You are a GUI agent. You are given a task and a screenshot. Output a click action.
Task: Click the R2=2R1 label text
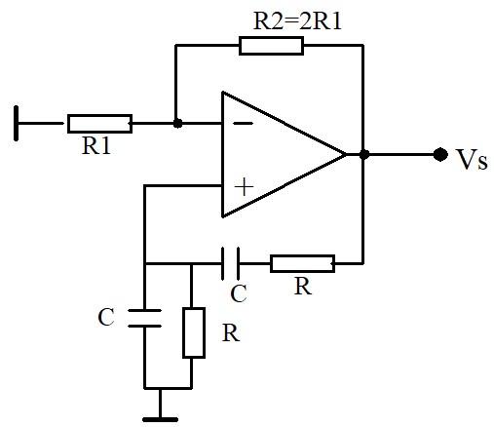pyautogui.click(x=297, y=21)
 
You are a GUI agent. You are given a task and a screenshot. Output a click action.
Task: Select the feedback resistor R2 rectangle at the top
pyautogui.click(x=271, y=46)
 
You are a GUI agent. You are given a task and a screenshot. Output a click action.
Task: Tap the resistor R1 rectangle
pyautogui.click(x=99, y=124)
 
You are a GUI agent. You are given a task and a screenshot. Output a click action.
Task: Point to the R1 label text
pyautogui.click(x=96, y=145)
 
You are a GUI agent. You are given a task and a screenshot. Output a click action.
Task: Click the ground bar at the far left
pyautogui.click(x=16, y=123)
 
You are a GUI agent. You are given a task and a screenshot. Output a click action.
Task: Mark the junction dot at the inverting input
pyautogui.click(x=177, y=123)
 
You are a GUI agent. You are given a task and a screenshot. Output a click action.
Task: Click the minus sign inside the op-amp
pyautogui.click(x=244, y=123)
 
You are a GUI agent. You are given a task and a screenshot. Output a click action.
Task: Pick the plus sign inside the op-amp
pyautogui.click(x=244, y=187)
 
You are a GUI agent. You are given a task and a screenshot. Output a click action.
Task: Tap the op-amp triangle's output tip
pyautogui.click(x=346, y=154)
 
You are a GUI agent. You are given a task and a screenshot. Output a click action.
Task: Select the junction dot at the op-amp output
pyautogui.click(x=364, y=154)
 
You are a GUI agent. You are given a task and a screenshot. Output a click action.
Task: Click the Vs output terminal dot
pyautogui.click(x=440, y=154)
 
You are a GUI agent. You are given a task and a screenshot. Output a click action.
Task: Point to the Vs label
pyautogui.click(x=472, y=160)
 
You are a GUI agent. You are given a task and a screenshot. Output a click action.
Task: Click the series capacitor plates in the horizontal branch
pyautogui.click(x=230, y=263)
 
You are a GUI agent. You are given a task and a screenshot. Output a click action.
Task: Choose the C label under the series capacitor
pyautogui.click(x=239, y=293)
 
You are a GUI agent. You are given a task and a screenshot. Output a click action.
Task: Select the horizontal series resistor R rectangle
pyautogui.click(x=302, y=263)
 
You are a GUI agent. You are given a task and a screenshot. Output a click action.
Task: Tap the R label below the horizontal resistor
pyautogui.click(x=303, y=287)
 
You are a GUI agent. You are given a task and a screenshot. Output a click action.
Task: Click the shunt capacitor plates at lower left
pyautogui.click(x=144, y=318)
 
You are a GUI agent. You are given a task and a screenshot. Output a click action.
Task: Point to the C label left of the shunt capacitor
pyautogui.click(x=106, y=317)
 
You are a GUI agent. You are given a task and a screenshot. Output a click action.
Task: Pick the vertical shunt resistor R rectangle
pyautogui.click(x=194, y=332)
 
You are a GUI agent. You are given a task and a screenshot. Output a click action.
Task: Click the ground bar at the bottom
pyautogui.click(x=160, y=419)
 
